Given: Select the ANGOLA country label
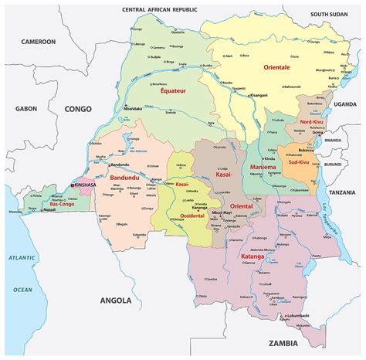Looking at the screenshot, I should pyautogui.click(x=116, y=300).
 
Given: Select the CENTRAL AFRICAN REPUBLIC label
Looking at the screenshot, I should pyautogui.click(x=166, y=9).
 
